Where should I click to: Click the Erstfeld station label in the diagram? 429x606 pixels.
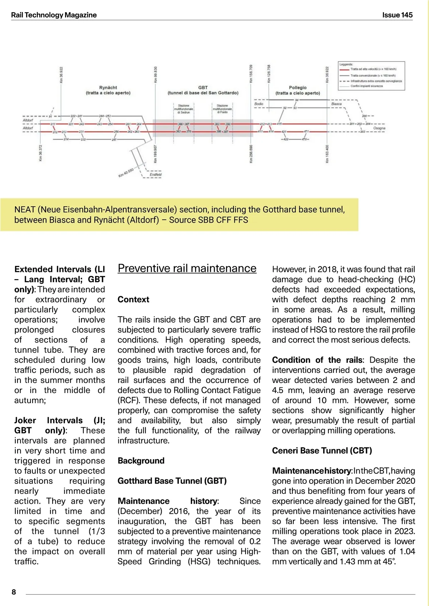click(x=156, y=175)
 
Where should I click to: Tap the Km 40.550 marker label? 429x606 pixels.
click(x=126, y=173)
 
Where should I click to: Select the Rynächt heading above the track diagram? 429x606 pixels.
click(x=108, y=88)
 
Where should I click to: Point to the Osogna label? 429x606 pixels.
click(x=379, y=128)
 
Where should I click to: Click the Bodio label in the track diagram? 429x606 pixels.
click(x=259, y=104)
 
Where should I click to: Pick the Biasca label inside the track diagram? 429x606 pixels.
click(x=336, y=104)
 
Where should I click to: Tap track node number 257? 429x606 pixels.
click(x=114, y=140)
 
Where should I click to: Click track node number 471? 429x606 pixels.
click(x=306, y=131)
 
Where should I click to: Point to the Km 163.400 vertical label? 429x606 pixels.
click(x=327, y=154)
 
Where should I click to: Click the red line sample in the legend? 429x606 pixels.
click(x=344, y=69)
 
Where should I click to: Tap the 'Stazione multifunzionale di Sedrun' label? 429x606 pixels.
click(x=183, y=109)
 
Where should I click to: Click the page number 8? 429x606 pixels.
click(x=14, y=592)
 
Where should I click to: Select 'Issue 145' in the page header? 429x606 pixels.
click(x=397, y=15)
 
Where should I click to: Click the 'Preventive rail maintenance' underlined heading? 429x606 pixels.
click(x=187, y=268)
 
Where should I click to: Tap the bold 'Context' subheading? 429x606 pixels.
click(x=133, y=299)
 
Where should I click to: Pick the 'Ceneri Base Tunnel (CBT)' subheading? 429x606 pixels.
click(x=322, y=451)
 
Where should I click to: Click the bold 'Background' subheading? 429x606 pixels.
click(x=141, y=461)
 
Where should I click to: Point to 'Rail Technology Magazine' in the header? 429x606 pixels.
click(x=54, y=15)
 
